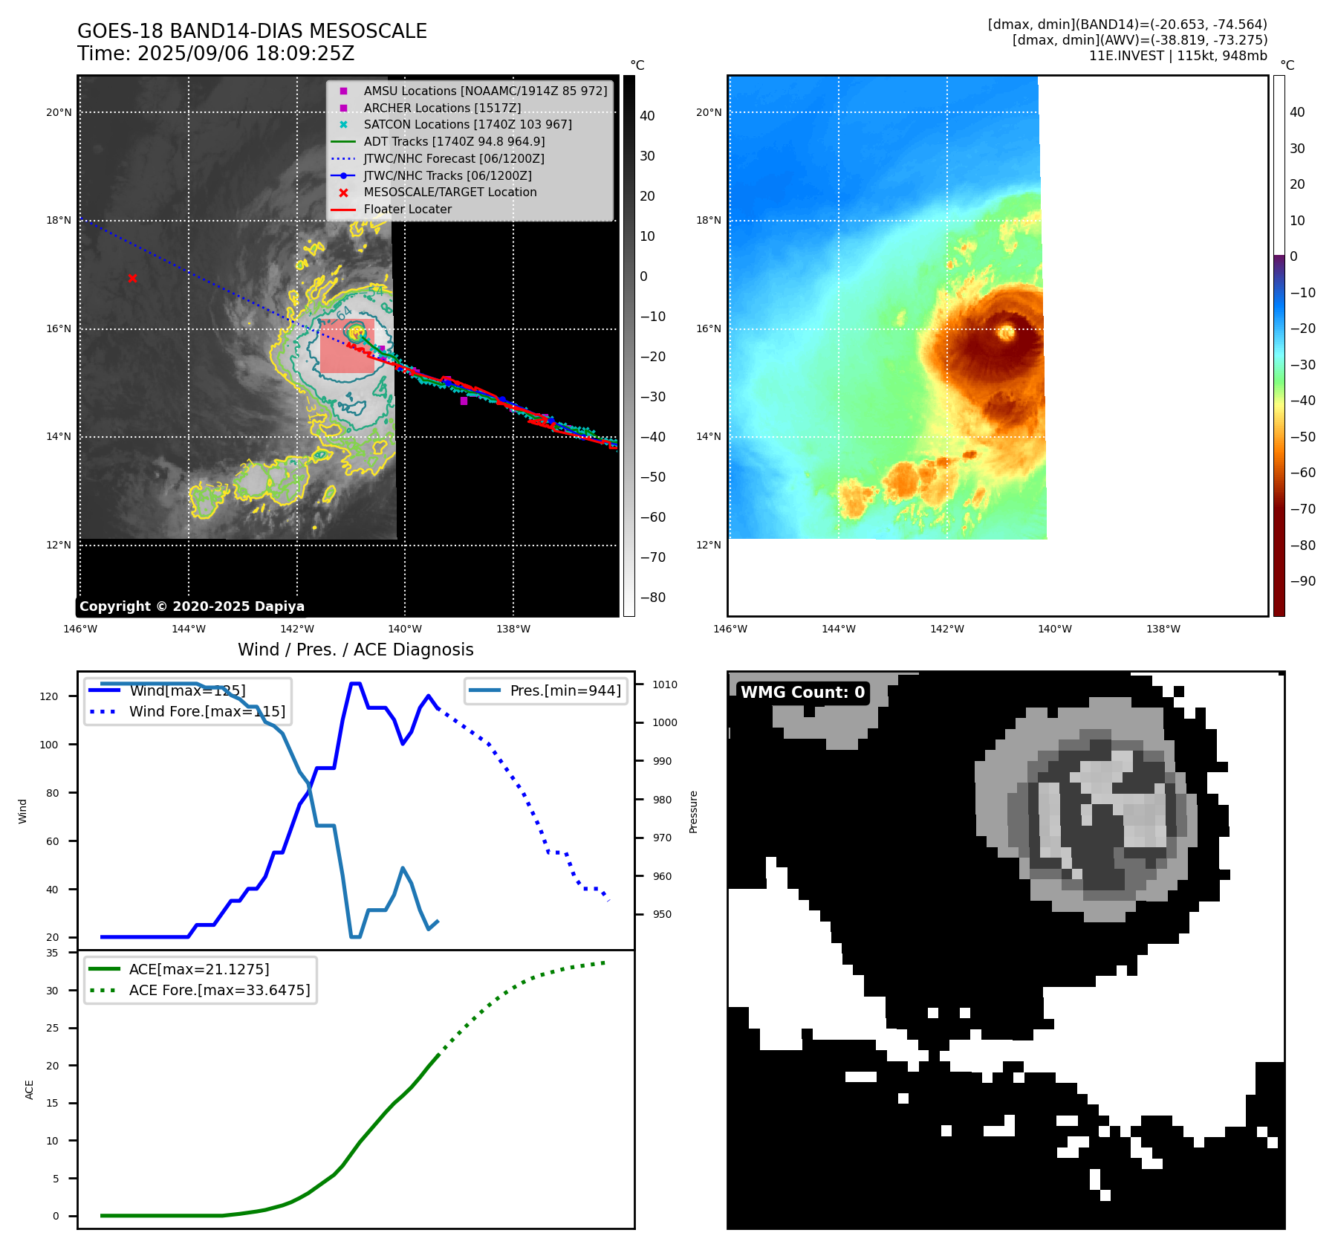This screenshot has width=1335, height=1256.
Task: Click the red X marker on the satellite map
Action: (x=132, y=279)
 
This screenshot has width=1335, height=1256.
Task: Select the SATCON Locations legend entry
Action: (x=467, y=125)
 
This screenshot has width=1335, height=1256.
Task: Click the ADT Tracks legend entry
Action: (x=454, y=142)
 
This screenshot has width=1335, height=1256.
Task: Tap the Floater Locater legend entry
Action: (x=407, y=210)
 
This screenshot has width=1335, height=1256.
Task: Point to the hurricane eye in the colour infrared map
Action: (x=1007, y=331)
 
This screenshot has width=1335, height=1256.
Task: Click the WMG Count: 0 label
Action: (x=802, y=693)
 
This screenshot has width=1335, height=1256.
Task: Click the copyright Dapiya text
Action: (x=192, y=606)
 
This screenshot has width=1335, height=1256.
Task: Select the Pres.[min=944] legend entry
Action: (x=565, y=690)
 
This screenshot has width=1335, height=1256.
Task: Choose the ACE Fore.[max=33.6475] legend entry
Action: (x=219, y=990)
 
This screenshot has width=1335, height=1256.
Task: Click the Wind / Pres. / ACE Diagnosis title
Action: (x=355, y=650)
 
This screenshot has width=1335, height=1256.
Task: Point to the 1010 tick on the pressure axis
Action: (x=665, y=684)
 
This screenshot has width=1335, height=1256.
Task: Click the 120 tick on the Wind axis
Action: (x=49, y=696)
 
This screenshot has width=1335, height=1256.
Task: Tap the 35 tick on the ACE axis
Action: (x=52, y=953)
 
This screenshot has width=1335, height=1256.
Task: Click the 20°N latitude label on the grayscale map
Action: (x=59, y=113)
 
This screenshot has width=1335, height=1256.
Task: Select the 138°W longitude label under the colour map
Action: (x=1163, y=629)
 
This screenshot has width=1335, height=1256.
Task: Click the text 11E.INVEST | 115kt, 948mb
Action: (x=1178, y=56)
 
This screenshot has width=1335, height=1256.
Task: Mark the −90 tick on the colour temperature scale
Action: (x=1302, y=581)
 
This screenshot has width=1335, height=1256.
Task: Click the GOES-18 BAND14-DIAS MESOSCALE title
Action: (x=252, y=31)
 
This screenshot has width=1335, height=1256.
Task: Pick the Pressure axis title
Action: (x=693, y=812)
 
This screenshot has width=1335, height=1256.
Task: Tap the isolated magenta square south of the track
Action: (x=464, y=401)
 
